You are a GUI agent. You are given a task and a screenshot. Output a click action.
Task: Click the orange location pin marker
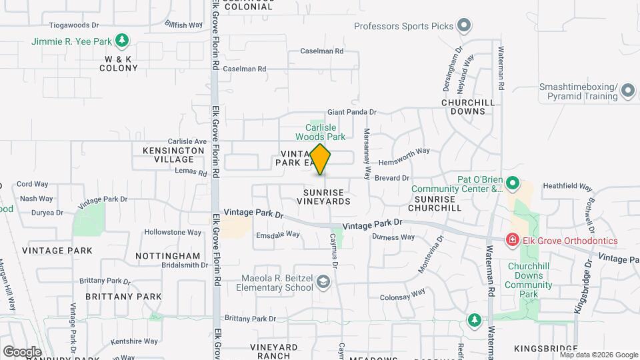coord(321,159)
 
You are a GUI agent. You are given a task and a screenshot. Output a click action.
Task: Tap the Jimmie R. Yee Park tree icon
coord(121,41)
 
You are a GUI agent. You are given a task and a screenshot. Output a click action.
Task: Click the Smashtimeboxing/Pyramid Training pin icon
coord(627,91)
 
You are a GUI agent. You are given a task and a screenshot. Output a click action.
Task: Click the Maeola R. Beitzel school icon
coord(323,282)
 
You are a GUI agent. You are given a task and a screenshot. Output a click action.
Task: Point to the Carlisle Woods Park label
coord(320,132)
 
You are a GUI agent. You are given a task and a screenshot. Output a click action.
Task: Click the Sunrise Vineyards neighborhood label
coord(322,196)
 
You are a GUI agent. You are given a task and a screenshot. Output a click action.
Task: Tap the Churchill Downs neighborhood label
coord(468,107)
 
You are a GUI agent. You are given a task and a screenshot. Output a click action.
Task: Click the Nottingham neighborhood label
coord(167,256)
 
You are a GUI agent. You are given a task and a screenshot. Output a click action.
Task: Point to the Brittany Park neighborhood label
coord(123,297)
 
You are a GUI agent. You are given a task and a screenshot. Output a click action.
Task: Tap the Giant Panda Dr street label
coord(351,113)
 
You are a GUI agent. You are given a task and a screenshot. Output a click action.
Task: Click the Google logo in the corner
coord(22,351)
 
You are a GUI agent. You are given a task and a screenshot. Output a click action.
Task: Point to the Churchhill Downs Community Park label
coord(528,281)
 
